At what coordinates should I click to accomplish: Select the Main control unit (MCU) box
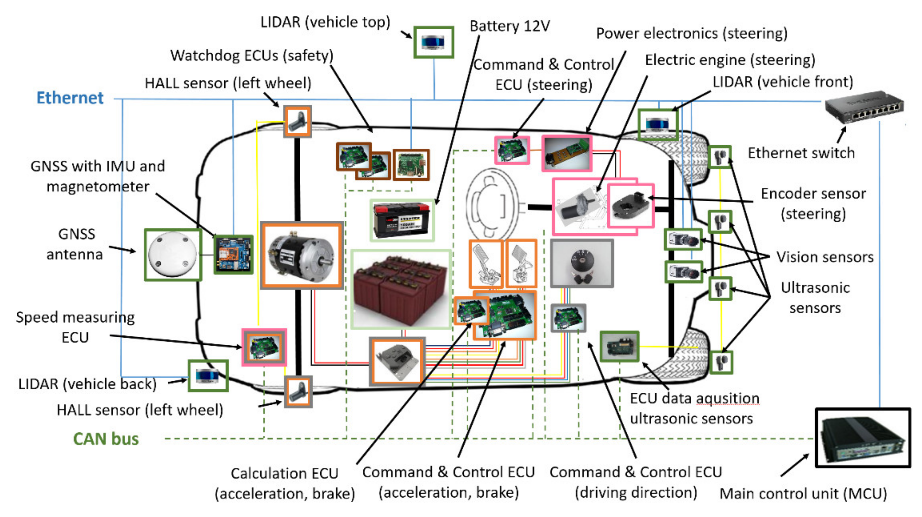[x=862, y=437]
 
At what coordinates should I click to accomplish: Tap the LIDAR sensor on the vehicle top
[x=433, y=42]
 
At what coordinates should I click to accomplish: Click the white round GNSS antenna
[x=173, y=255]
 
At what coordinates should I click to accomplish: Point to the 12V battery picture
[x=401, y=220]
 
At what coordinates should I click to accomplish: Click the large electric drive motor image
[x=302, y=255]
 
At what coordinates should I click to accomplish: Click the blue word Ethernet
[x=70, y=98]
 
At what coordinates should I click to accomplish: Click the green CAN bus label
[x=106, y=439]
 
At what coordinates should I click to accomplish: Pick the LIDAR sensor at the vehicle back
[x=208, y=376]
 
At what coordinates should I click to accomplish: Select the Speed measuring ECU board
[x=264, y=347]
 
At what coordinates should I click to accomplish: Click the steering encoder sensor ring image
[x=631, y=206]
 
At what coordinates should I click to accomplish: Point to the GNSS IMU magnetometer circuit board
[x=233, y=255]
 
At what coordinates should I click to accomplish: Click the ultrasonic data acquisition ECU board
[x=619, y=346]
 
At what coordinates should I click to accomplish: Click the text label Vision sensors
[x=825, y=257]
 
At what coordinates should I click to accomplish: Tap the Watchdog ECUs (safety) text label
[x=251, y=55]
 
